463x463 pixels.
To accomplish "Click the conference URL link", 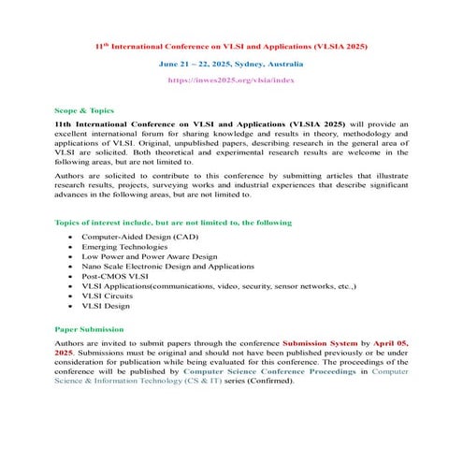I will tap(231, 81).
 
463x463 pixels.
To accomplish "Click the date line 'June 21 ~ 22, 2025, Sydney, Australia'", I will tap(231, 64).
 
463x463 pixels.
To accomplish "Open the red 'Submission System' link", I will tap(321, 343).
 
